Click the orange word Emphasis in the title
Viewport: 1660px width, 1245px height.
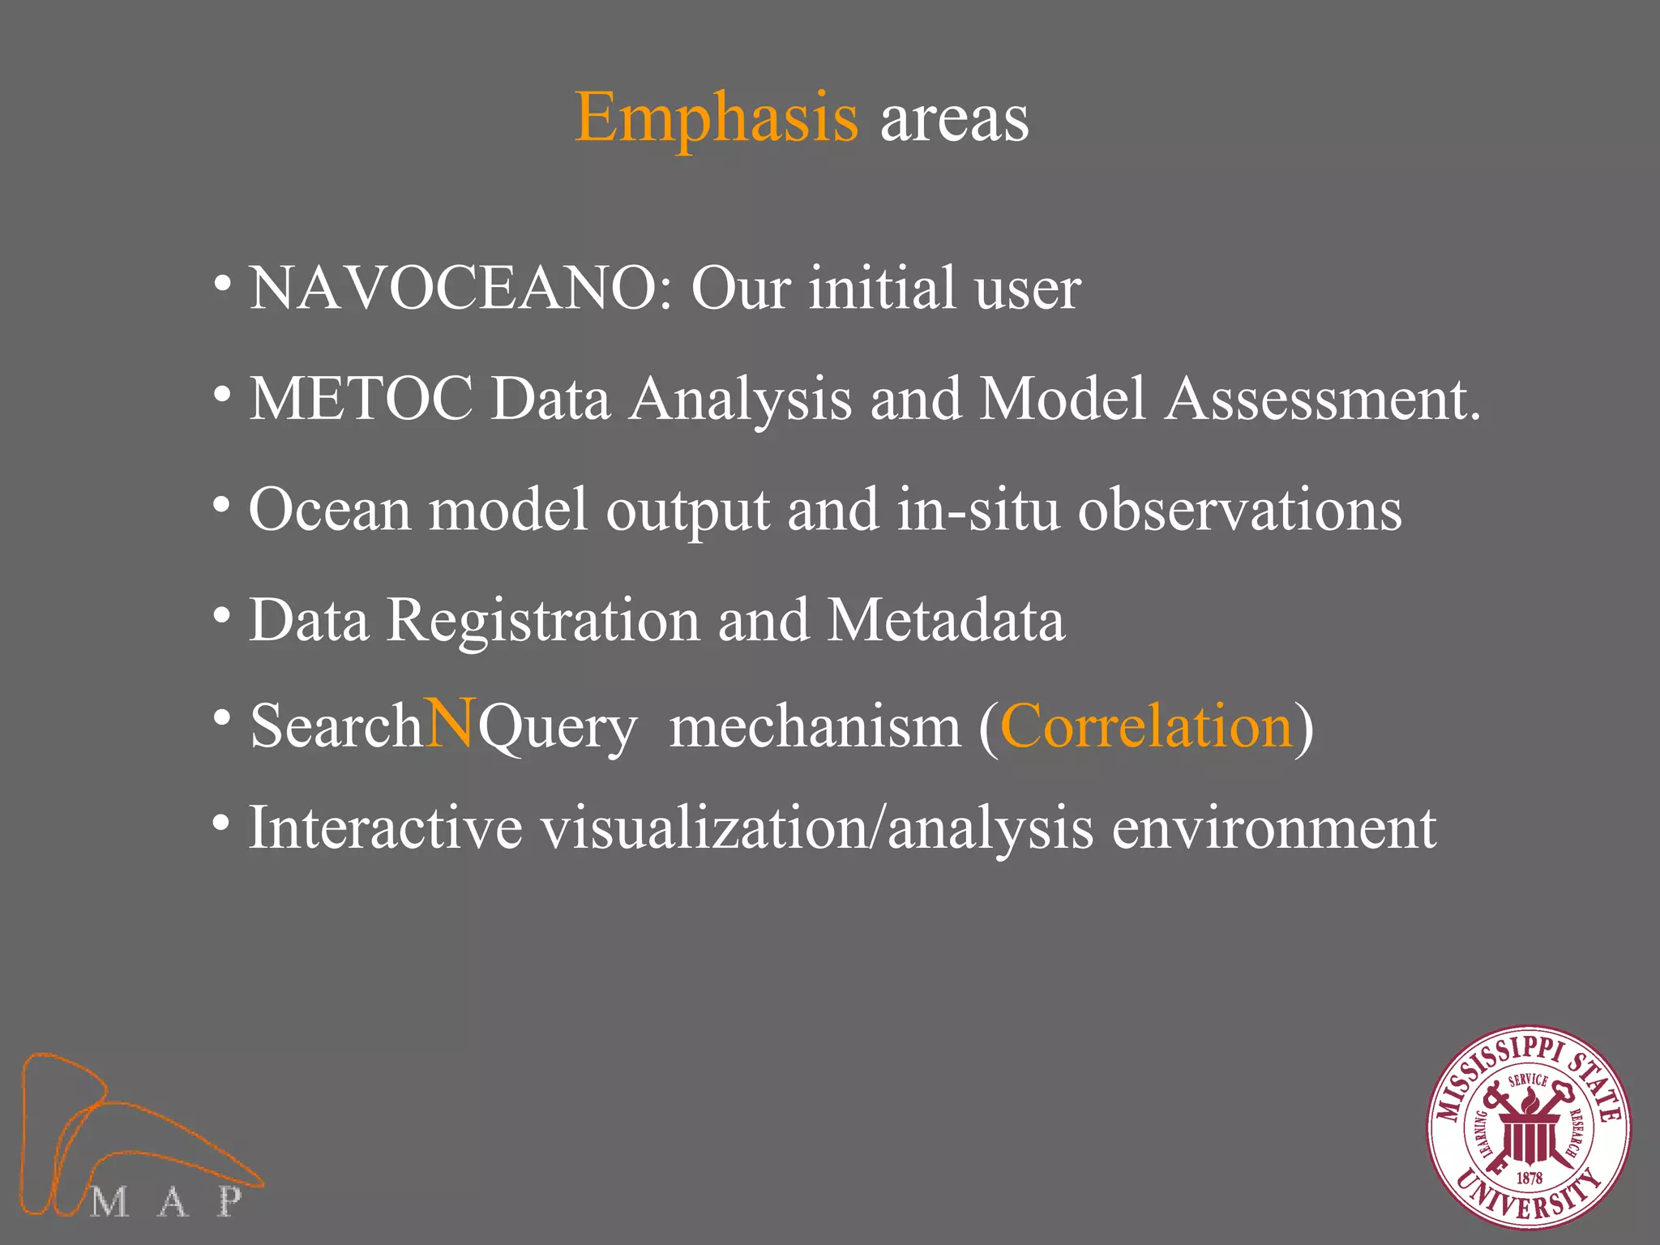pos(716,119)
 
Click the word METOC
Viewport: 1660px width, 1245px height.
pos(361,399)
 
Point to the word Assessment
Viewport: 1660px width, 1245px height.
pos(1322,399)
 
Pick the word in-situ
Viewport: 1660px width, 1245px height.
pos(978,511)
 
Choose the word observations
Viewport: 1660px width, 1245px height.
pos(1239,511)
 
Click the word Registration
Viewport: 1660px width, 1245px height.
pos(542,621)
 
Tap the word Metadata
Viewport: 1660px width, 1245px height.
pos(946,621)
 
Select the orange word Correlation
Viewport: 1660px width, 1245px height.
pos(1146,726)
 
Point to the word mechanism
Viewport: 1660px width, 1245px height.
pos(815,728)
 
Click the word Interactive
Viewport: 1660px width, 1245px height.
pos(385,828)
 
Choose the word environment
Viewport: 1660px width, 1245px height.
pos(1273,828)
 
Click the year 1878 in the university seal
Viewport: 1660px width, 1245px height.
pos(1529,1178)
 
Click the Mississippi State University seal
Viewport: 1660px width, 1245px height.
pos(1529,1127)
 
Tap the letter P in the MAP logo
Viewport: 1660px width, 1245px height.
pos(229,1201)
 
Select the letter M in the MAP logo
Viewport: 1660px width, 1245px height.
pos(109,1202)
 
